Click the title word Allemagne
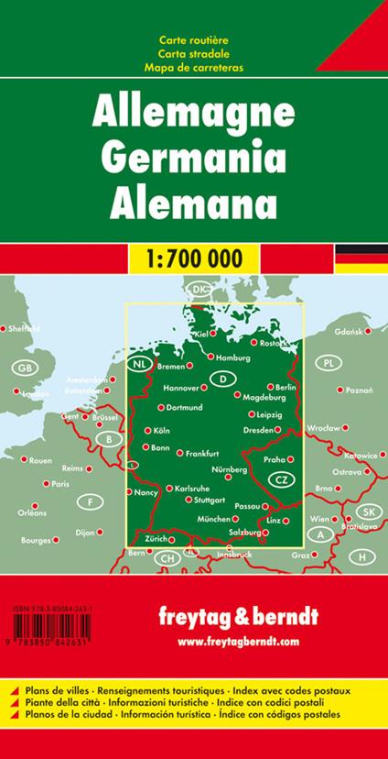[x=194, y=115]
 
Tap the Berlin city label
[x=286, y=388]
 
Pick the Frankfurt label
[x=202, y=454]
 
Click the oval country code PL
[x=327, y=365]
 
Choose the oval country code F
[x=90, y=502]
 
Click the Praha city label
[x=276, y=459]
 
